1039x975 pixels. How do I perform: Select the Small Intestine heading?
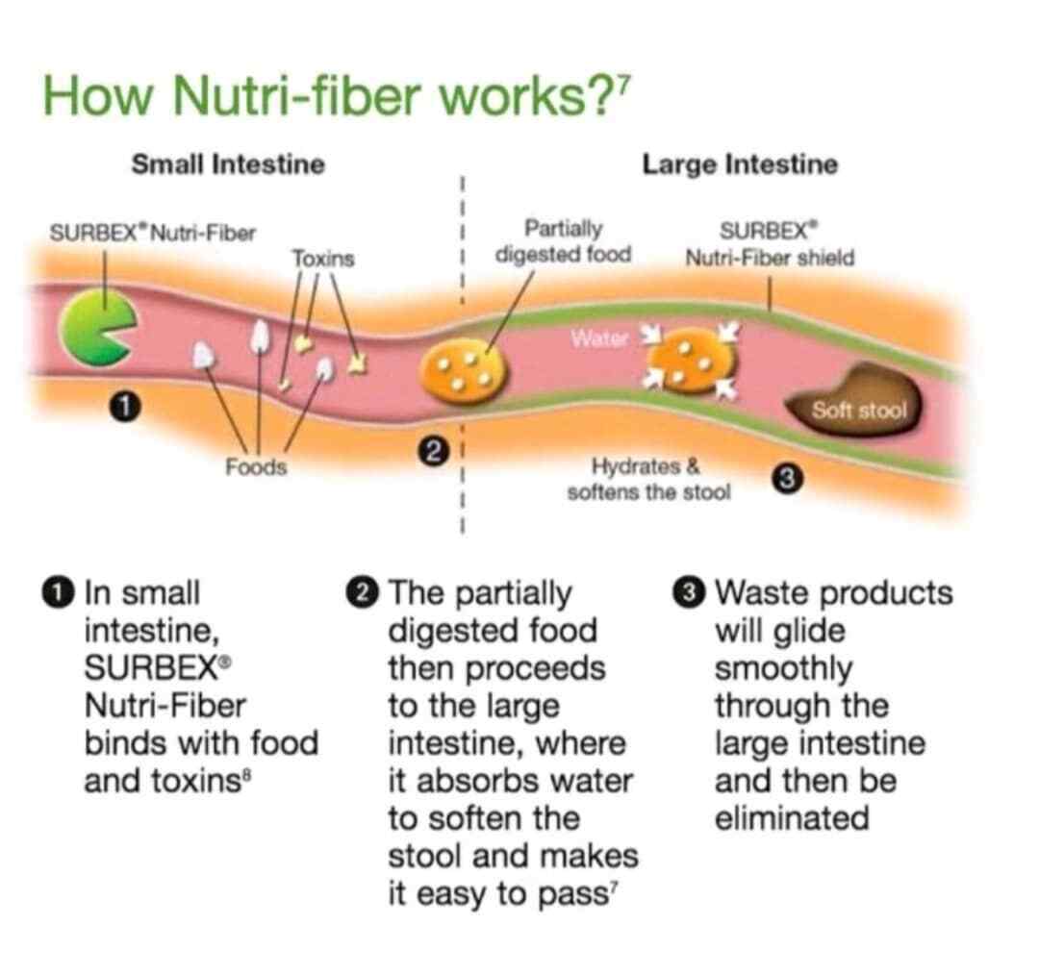pyautogui.click(x=228, y=164)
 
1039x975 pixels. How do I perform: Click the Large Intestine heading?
pyautogui.click(x=740, y=164)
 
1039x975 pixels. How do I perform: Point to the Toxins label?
pyautogui.click(x=323, y=259)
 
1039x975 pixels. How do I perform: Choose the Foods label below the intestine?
pyautogui.click(x=256, y=467)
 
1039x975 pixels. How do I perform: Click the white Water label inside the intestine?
pyautogui.click(x=598, y=338)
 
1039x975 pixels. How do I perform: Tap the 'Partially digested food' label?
pyautogui.click(x=563, y=241)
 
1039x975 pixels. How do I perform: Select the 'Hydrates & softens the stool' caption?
pyautogui.click(x=648, y=479)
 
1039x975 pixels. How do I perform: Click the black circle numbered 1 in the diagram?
pyautogui.click(x=124, y=406)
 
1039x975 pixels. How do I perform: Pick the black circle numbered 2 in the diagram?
pyautogui.click(x=433, y=452)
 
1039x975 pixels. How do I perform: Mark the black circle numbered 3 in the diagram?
pyautogui.click(x=787, y=479)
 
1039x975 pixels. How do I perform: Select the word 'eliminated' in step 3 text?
pyautogui.click(x=792, y=817)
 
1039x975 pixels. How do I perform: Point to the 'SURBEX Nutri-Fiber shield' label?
pyautogui.click(x=770, y=244)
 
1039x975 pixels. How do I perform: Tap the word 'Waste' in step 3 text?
pyautogui.click(x=761, y=592)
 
